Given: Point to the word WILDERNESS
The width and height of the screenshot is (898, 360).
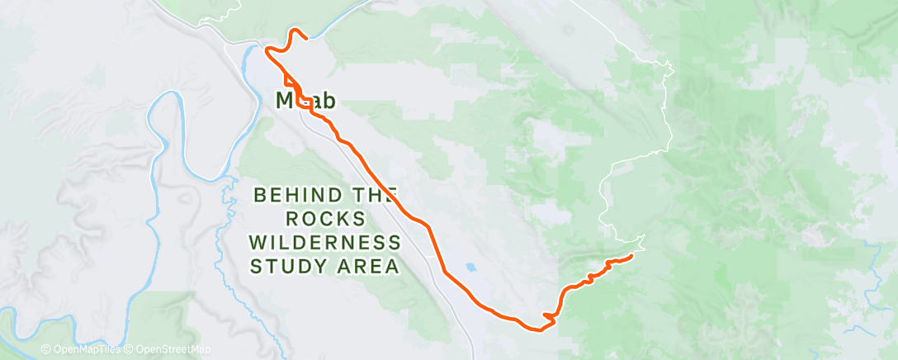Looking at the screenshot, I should coord(324,244).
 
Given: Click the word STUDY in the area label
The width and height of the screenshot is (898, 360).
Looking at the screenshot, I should coord(287,267).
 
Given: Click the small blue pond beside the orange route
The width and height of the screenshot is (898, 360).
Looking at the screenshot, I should coord(470,268).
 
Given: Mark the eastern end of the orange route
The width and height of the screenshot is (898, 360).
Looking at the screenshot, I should coord(631,257).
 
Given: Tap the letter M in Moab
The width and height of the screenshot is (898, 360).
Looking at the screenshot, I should coord(283,100).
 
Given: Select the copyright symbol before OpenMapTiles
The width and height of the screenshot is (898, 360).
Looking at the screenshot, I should coord(45,350).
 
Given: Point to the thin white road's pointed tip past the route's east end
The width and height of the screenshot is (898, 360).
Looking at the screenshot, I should coord(644,237).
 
